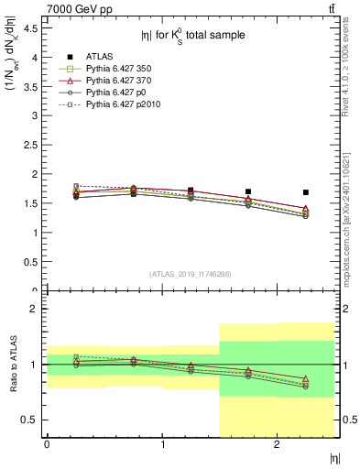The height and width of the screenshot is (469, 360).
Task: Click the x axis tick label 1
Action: (x=162, y=444)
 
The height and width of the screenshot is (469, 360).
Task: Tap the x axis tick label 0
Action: (x=47, y=444)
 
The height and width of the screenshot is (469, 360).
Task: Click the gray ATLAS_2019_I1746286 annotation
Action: (x=191, y=274)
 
